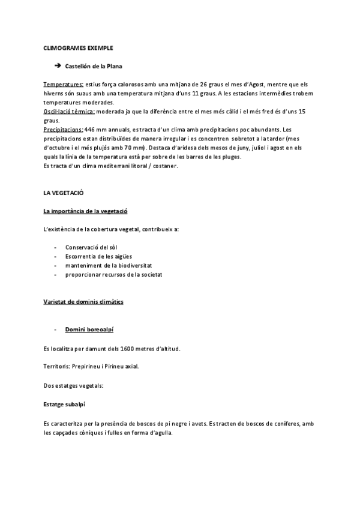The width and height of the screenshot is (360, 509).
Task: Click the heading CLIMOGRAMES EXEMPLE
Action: coord(78,47)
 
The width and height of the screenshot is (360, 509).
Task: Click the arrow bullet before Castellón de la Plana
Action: coord(58,66)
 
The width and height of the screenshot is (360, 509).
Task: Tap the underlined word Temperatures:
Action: coord(64,85)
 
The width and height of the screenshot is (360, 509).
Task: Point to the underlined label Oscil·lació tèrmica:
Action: coord(69,112)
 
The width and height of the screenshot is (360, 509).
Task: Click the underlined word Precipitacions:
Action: coord(63,129)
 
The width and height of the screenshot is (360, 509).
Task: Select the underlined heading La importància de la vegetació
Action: coord(85,211)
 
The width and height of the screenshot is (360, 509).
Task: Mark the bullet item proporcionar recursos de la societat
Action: coord(114,274)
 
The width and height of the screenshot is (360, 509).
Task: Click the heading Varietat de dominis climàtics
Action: coord(83,302)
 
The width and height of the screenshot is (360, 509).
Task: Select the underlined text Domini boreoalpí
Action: coord(89,330)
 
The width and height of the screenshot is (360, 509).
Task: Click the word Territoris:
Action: coord(56,367)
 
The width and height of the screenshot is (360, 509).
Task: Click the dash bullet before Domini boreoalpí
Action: coord(55,330)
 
